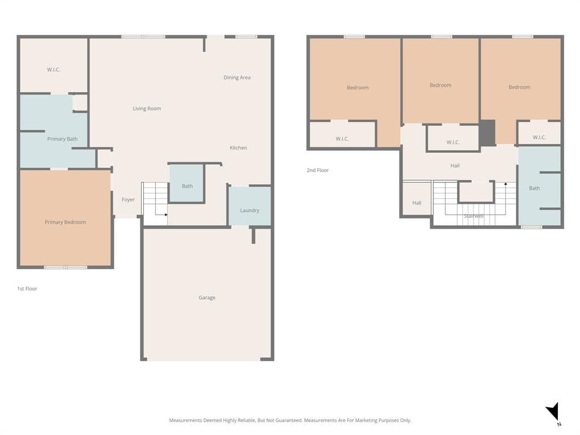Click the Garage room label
207,297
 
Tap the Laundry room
250,206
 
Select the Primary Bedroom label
65,222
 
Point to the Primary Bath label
62,139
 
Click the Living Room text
147,108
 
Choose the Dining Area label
237,77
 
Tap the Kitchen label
238,148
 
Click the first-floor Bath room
187,184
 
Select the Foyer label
129,199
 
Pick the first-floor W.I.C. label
54,70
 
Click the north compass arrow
553,411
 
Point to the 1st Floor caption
27,288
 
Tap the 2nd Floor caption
318,170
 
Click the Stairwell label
474,216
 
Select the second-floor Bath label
534,188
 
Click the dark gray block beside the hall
488,133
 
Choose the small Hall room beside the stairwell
417,198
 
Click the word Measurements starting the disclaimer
186,420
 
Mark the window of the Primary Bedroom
66,267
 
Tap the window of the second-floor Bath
531,227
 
